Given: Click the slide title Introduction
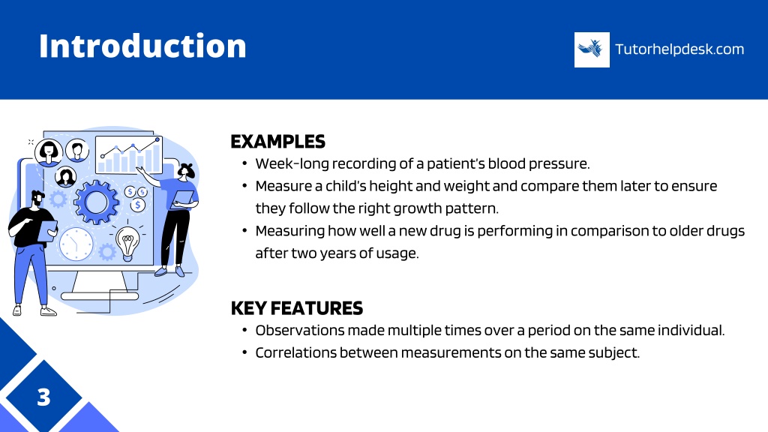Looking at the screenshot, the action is pyautogui.click(x=142, y=46).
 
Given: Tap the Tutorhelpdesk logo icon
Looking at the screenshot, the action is pyautogui.click(x=592, y=49).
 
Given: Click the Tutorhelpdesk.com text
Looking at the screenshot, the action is pyautogui.click(x=679, y=49).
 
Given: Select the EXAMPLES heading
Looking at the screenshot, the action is pyautogui.click(x=277, y=142).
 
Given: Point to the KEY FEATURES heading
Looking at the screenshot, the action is pyautogui.click(x=297, y=308).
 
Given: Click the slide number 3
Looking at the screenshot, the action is pyautogui.click(x=43, y=397).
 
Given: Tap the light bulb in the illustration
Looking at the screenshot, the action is pyautogui.click(x=127, y=242).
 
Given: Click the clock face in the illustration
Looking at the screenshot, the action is pyautogui.click(x=76, y=244).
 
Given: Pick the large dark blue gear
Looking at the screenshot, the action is pyautogui.click(x=96, y=202).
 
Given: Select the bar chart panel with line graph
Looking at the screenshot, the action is pyautogui.click(x=129, y=154).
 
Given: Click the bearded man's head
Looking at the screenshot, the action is pyautogui.click(x=37, y=199).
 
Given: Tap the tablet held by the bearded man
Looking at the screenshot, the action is pyautogui.click(x=47, y=231).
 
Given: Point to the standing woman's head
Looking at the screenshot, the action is pyautogui.click(x=186, y=170).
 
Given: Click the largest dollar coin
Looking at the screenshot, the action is pyautogui.click(x=138, y=205).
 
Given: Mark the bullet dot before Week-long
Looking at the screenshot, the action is pyautogui.click(x=244, y=163).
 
